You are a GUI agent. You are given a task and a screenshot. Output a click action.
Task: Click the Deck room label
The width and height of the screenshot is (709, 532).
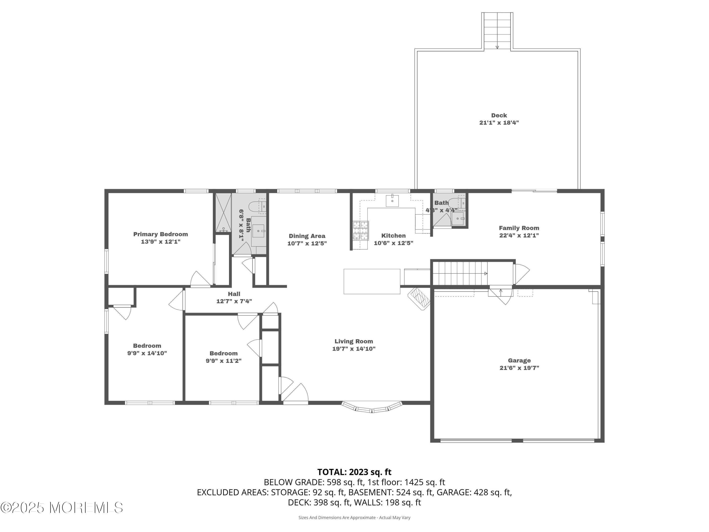499,115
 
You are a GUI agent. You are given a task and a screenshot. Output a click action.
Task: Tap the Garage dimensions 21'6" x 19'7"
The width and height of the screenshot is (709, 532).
519,368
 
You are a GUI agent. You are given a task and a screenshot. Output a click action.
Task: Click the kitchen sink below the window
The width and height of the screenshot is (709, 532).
392,201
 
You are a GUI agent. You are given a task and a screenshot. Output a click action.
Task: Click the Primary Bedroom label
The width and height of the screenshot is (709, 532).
160,234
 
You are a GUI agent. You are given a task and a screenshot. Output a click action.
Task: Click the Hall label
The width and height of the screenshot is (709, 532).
234,294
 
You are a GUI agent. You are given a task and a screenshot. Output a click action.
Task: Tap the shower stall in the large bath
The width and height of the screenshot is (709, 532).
223,212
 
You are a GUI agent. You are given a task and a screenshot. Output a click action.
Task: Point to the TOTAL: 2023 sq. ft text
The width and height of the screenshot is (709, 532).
354,472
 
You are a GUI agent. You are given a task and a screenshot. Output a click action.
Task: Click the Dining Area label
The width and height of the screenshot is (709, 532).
307,236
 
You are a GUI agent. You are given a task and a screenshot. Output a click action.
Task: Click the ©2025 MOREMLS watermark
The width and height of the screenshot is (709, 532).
61,508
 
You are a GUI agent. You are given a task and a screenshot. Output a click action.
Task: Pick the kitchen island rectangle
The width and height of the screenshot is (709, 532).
372,281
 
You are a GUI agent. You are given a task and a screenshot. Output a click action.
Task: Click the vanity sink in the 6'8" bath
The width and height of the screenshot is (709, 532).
258,231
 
